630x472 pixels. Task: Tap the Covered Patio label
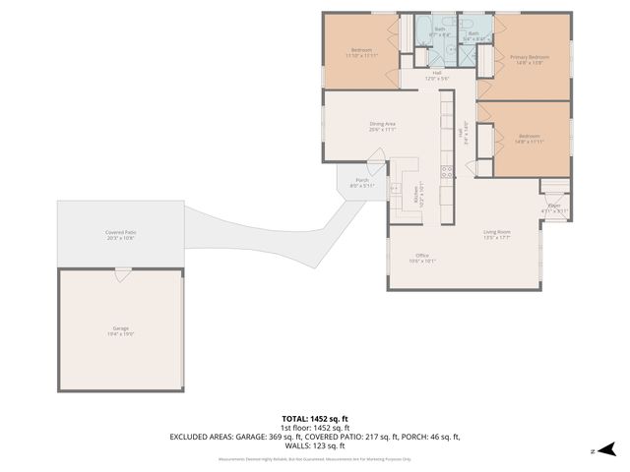coord(120,235)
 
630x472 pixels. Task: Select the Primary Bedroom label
coord(529,60)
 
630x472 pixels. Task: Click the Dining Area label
coord(382,126)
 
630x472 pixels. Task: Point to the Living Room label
coord(496,234)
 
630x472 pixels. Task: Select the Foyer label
coord(554,207)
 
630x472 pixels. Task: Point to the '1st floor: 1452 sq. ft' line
coord(314,428)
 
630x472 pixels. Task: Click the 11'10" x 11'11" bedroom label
coord(361,53)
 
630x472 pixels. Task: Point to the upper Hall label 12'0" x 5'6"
coord(436,76)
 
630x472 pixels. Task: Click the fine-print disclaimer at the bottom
coord(314,457)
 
